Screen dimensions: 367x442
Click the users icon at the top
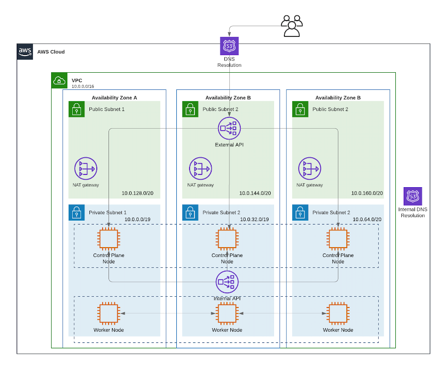point(292,26)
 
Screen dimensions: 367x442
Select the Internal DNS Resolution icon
point(413,196)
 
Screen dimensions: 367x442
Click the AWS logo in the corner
point(25,52)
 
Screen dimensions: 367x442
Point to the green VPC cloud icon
point(59,81)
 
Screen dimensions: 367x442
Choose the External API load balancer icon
point(229,128)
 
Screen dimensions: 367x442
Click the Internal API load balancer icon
point(227,282)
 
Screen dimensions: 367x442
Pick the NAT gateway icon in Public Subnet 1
point(86,169)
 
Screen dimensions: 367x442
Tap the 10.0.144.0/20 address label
point(255,193)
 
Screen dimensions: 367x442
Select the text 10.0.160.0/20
point(367,193)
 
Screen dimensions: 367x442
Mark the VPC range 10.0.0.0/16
point(83,86)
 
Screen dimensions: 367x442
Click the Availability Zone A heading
point(114,98)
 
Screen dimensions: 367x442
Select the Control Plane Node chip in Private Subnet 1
point(109,239)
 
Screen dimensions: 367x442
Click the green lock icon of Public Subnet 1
point(76,109)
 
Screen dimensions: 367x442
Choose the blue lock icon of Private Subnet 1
point(76,213)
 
